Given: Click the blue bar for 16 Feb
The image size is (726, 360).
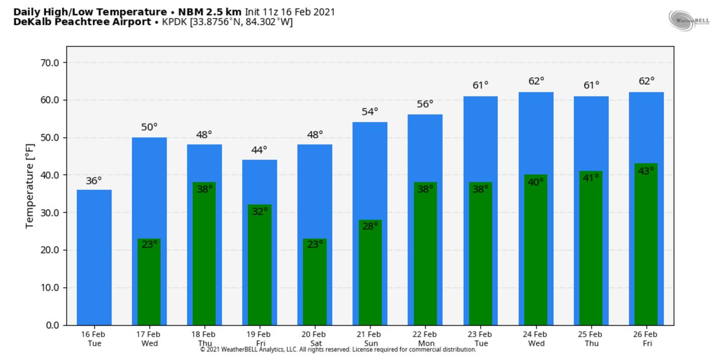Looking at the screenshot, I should click(x=94, y=257).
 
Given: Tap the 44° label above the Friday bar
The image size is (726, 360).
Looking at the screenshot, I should click(x=259, y=150).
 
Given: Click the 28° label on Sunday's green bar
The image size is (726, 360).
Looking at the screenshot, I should click(x=370, y=226).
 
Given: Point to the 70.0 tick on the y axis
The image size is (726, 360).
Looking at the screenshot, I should click(x=49, y=63).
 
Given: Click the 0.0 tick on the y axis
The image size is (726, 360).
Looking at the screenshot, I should click(x=52, y=325).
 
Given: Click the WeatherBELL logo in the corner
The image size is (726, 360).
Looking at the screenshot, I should click(x=689, y=21).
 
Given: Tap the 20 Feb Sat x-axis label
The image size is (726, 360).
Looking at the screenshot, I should click(x=314, y=339).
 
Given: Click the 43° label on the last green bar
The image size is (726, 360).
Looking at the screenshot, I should click(x=646, y=171).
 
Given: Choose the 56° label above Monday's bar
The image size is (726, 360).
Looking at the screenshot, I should click(x=425, y=104).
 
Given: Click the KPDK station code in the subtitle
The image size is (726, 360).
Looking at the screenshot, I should click(x=174, y=22).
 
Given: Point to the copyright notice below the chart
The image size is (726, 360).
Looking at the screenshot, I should click(x=338, y=349).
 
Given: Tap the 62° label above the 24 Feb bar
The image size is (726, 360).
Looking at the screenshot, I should click(x=536, y=81).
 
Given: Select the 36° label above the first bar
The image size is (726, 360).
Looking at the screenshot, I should click(x=94, y=181).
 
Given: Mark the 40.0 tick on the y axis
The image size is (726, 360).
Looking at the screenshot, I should click(x=49, y=175).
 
